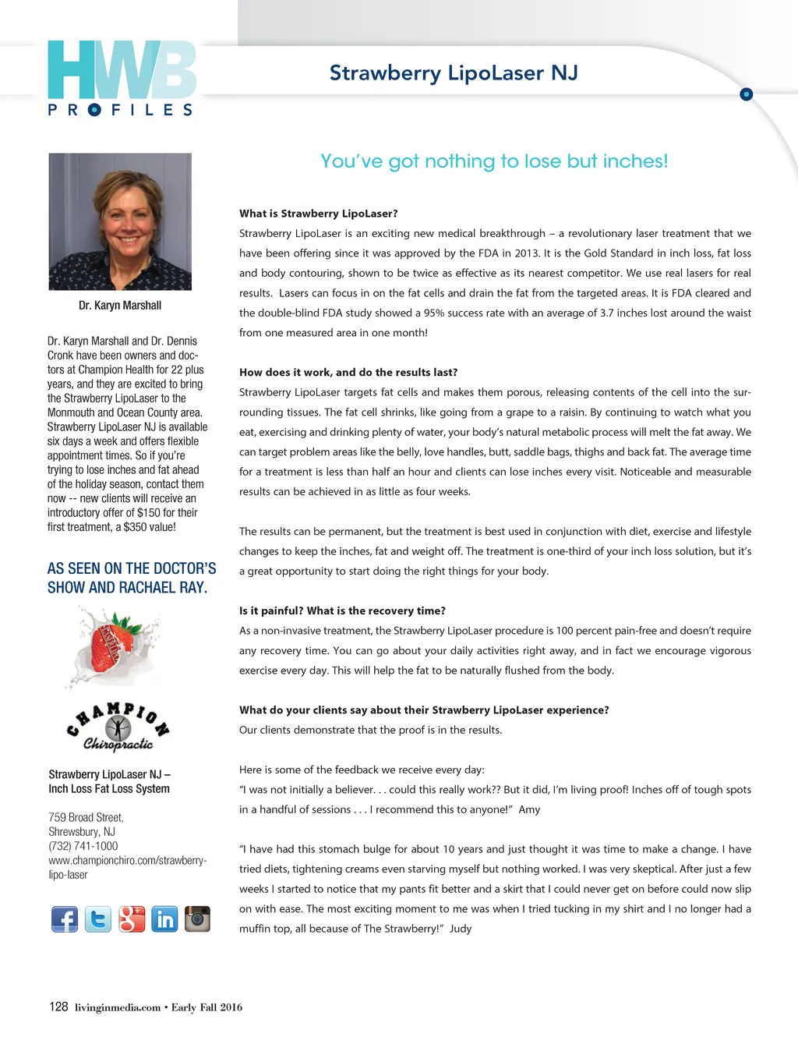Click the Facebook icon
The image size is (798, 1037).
click(x=65, y=919)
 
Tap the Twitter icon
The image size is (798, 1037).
click(x=98, y=919)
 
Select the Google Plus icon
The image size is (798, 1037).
click(x=132, y=919)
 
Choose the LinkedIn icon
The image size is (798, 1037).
click(x=164, y=919)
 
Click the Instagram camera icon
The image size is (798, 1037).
click(x=197, y=919)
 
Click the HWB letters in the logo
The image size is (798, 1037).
click(x=122, y=71)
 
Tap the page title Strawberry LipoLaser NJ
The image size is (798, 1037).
click(x=454, y=73)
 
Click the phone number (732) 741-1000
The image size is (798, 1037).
click(x=83, y=846)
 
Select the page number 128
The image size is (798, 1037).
click(x=58, y=1007)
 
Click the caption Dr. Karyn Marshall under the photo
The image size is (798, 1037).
click(x=120, y=306)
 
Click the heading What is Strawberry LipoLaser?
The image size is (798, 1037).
click(x=319, y=214)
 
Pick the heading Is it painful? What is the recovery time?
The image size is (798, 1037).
click(x=342, y=611)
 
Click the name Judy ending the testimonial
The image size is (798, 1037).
click(x=461, y=929)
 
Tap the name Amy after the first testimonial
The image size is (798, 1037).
click(x=529, y=809)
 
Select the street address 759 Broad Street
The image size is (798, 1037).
click(x=86, y=817)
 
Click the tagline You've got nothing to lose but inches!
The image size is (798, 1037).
click(x=494, y=161)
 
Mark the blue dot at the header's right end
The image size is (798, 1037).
click(x=746, y=94)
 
